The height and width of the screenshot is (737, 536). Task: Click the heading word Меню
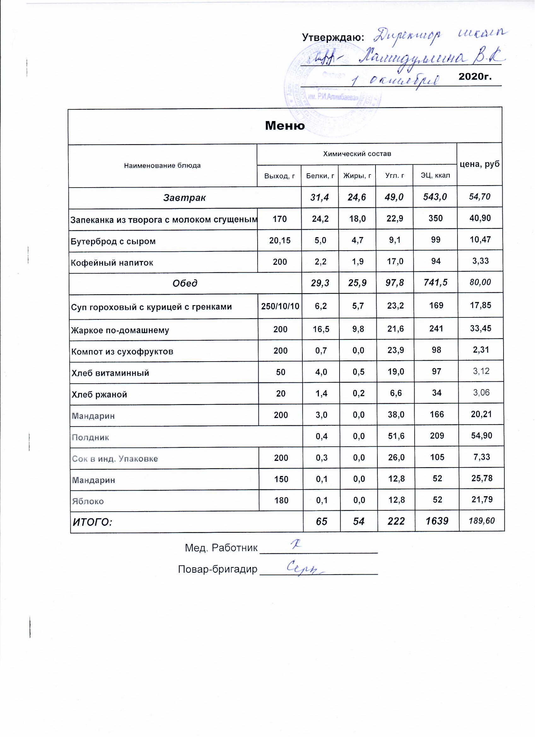point(285,126)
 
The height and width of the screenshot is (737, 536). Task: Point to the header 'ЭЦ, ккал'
point(436,176)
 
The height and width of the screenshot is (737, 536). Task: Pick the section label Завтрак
point(185,198)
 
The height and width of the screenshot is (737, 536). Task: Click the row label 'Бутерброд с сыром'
point(113,241)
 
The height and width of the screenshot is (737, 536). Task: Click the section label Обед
point(185,284)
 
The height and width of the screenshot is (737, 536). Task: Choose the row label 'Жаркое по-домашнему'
point(120,330)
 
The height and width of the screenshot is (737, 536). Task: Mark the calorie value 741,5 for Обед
point(436,283)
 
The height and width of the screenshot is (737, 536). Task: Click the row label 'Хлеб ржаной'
point(99,395)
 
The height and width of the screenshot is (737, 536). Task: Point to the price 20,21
point(481,415)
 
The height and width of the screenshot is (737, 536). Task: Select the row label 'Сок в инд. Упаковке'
point(115,459)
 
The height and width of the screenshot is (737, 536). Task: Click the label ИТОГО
point(92,523)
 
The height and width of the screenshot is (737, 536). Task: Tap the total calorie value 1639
point(437,522)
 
